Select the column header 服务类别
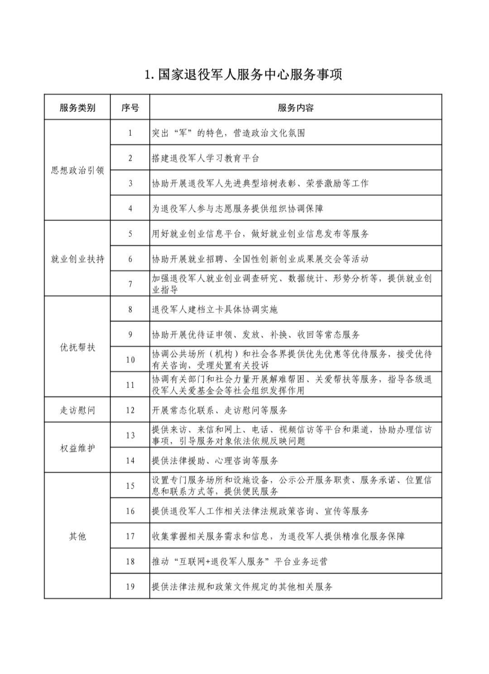[x=77, y=108]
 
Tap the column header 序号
[x=130, y=108]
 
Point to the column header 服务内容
[x=296, y=108]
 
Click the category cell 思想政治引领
[x=77, y=171]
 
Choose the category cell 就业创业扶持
[x=77, y=259]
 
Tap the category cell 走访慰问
[x=77, y=411]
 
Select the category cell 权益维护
[x=77, y=449]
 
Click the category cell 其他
[x=77, y=537]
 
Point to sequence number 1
[x=130, y=133]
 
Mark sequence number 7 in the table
[x=130, y=284]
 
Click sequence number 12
[x=130, y=411]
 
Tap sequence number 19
[x=130, y=587]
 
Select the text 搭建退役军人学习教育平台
[x=206, y=158]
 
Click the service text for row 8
[x=215, y=310]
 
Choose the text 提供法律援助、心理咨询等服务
[x=215, y=461]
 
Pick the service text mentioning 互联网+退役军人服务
[x=240, y=562]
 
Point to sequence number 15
[x=130, y=486]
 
